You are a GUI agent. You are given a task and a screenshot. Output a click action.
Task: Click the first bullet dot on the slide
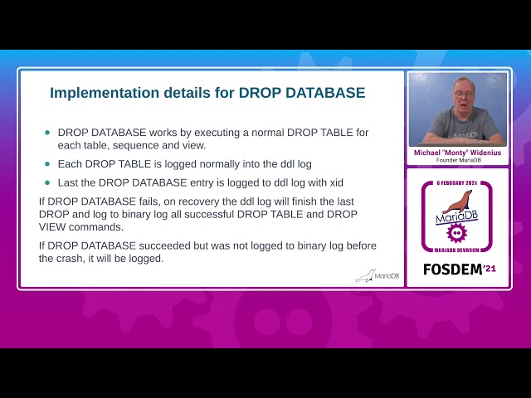pos(47,133)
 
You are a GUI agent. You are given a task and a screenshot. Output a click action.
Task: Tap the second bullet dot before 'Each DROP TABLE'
pos(47,163)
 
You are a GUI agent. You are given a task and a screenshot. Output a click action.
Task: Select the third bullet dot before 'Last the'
pos(47,182)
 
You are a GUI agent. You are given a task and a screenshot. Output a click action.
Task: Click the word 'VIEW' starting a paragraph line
pos(55,226)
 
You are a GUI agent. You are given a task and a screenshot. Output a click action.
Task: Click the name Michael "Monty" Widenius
pos(457,153)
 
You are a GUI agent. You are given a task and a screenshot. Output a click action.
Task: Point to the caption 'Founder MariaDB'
pos(457,160)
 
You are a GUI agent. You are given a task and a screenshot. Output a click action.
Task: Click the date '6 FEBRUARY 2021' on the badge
pos(456,182)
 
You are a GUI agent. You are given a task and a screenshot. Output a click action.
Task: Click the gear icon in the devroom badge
pos(456,233)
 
